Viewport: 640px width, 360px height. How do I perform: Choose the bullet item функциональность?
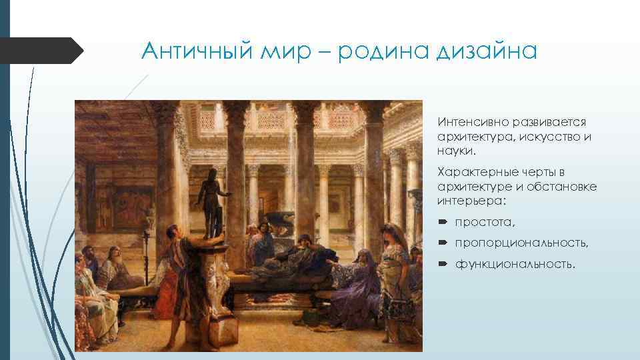(x=514, y=265)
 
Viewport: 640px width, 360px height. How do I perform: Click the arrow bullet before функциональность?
(x=443, y=265)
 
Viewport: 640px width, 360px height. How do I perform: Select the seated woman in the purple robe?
(x=357, y=280)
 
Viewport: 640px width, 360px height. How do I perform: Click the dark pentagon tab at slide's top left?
(x=40, y=51)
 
